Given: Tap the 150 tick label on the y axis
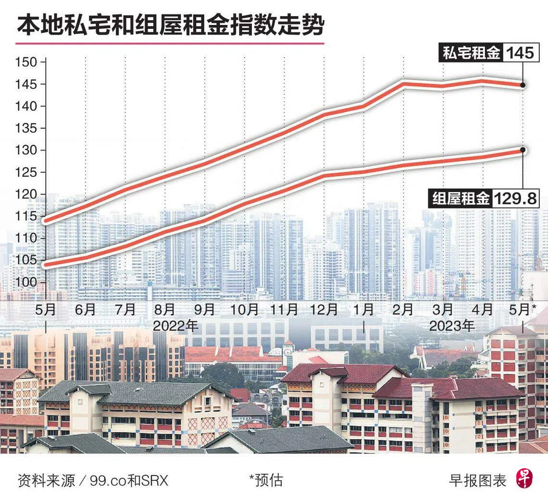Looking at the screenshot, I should (26, 62).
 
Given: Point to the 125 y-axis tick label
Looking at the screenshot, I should (26, 172).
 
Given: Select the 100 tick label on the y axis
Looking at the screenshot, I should (26, 282).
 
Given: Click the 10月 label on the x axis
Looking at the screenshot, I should (245, 310).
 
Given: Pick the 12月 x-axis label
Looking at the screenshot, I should (324, 310).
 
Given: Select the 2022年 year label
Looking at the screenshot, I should (175, 326).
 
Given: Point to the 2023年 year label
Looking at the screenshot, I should (451, 326).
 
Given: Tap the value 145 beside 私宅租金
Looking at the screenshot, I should (520, 53).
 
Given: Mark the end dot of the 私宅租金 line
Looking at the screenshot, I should (523, 85).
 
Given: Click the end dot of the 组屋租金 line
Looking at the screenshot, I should (523, 150).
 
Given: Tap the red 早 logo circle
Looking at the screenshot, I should (525, 479).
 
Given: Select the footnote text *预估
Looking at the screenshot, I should (266, 480).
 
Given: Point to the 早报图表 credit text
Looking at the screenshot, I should (477, 480).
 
